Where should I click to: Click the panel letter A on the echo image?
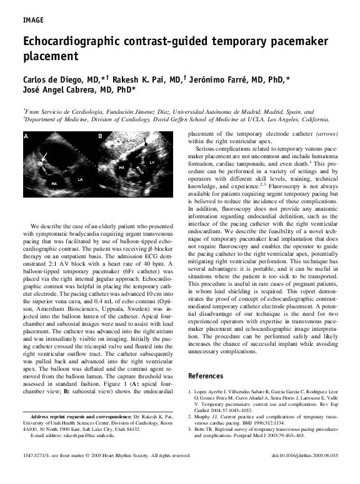[x=26, y=136]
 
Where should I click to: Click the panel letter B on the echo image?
[x=99, y=136]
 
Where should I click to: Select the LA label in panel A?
[x=79, y=179]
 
